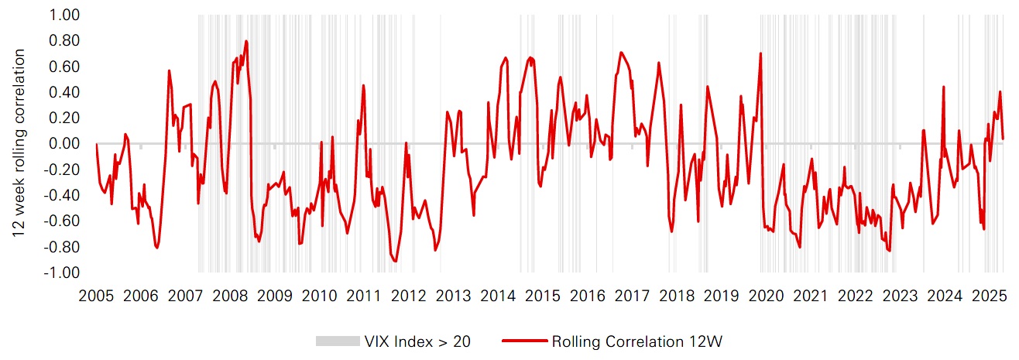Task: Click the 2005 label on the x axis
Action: (x=96, y=296)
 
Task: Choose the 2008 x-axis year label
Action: (x=230, y=296)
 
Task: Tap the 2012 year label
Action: (x=409, y=296)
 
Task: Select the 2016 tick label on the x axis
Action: (x=588, y=296)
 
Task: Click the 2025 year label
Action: (x=989, y=296)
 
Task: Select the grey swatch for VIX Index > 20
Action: (x=337, y=341)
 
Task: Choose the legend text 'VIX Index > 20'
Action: (x=417, y=341)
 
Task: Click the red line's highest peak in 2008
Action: (x=246, y=41)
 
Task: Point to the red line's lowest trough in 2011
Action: (x=396, y=262)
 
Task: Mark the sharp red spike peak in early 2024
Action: (x=944, y=87)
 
